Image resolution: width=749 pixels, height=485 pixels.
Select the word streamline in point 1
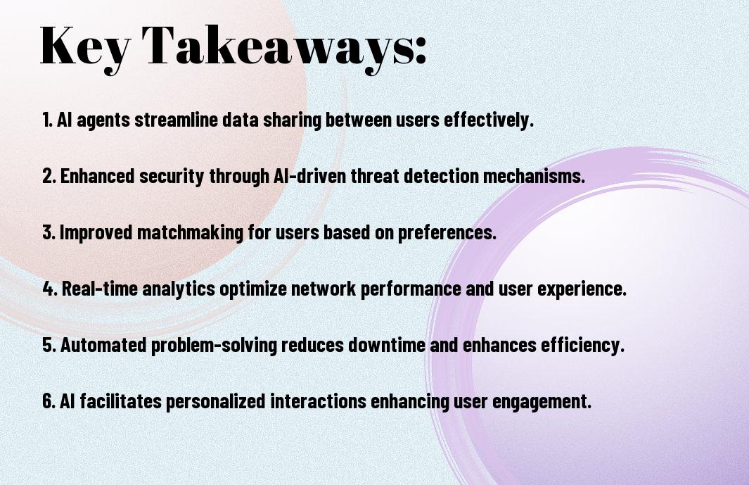click(177, 120)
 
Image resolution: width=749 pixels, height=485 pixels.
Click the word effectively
click(489, 120)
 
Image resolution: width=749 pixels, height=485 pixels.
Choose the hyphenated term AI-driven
click(310, 175)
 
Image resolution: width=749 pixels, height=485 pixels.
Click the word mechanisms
click(534, 175)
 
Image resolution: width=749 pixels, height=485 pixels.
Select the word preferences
click(447, 232)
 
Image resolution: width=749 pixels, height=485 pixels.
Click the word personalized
click(215, 401)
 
